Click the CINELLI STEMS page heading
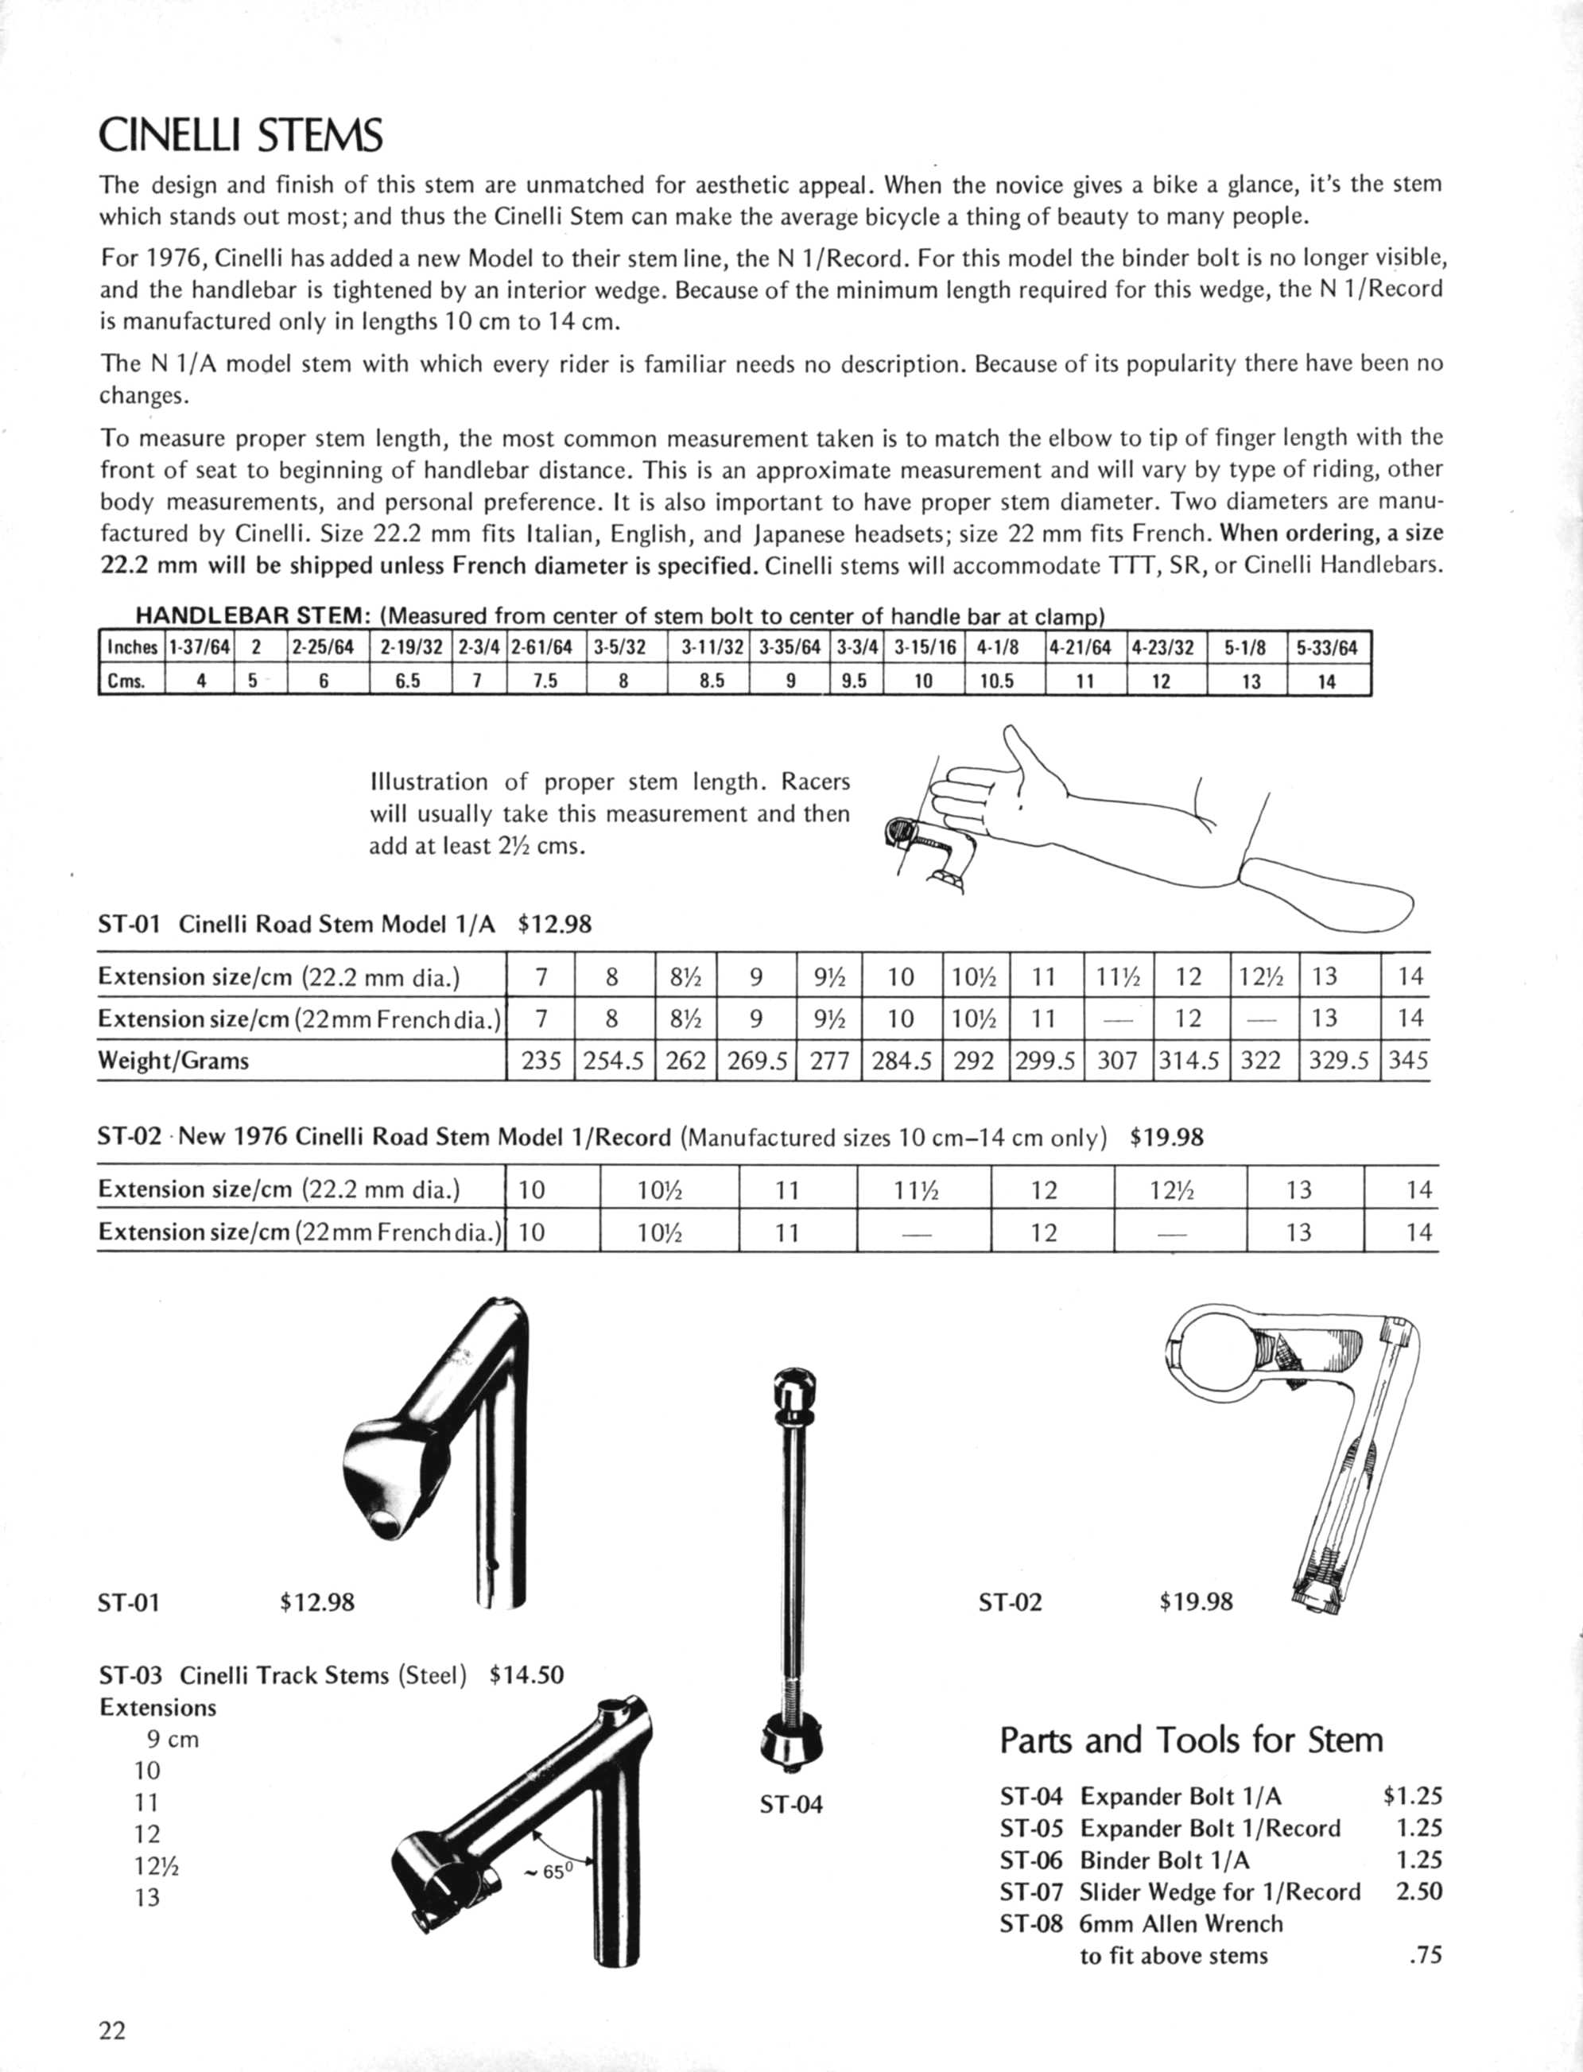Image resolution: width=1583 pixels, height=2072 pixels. pyautogui.click(x=240, y=136)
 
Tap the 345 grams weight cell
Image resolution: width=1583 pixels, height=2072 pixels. pyautogui.click(x=1408, y=1061)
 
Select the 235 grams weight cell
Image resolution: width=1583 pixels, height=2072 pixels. pyautogui.click(x=541, y=1061)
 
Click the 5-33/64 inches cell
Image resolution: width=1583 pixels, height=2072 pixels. pyautogui.click(x=1327, y=647)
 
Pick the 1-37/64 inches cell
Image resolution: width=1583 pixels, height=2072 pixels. pyautogui.click(x=199, y=647)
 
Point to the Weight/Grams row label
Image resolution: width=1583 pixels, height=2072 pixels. pyautogui.click(x=173, y=1061)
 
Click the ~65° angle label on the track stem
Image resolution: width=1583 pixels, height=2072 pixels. pyautogui.click(x=549, y=1872)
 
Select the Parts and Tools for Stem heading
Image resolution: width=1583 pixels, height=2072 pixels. pyautogui.click(x=1191, y=1740)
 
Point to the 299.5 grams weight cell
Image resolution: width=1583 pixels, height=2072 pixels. pyautogui.click(x=1044, y=1061)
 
